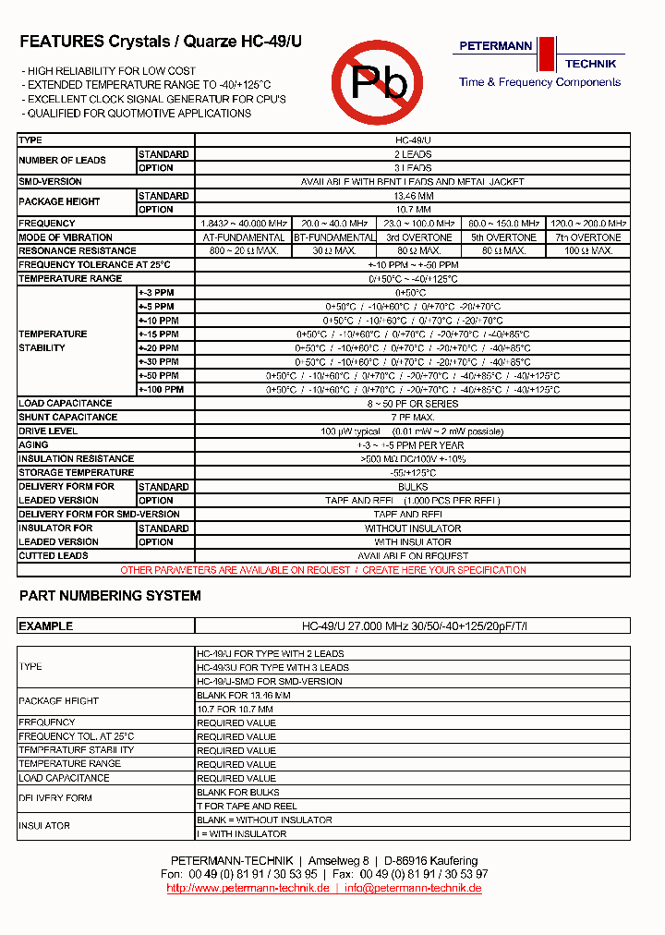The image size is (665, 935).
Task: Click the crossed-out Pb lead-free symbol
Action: click(377, 82)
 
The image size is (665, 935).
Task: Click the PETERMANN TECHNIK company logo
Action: click(538, 54)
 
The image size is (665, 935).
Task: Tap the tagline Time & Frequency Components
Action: click(539, 82)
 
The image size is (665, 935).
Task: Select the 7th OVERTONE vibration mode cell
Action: click(588, 237)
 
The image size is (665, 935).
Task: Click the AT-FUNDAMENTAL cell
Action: click(243, 237)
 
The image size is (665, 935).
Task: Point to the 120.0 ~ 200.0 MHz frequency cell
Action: click(588, 224)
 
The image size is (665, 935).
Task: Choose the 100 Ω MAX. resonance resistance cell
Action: click(588, 251)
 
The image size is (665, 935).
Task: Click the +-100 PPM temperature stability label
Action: click(161, 390)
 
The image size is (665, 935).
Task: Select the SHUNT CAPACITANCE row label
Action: click(66, 418)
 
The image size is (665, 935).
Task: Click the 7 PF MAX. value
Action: click(413, 418)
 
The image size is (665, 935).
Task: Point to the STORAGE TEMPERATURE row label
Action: click(77, 473)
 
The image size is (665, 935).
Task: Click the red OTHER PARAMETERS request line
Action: click(323, 570)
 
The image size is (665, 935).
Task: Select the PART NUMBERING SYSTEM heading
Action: click(110, 596)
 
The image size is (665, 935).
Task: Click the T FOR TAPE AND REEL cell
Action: click(247, 806)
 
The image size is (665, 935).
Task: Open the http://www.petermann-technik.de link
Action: click(248, 888)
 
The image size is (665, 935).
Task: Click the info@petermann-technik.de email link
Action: click(413, 888)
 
